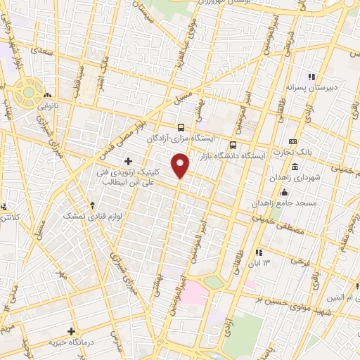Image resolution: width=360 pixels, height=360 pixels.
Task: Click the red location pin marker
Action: [x=181, y=166]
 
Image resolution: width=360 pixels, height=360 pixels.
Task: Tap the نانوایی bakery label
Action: [x=49, y=108]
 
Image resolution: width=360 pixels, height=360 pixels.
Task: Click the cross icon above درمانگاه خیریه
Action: [x=70, y=330]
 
